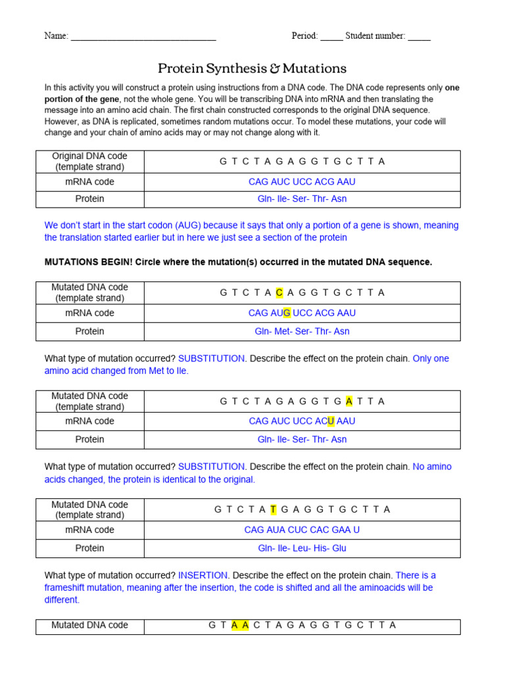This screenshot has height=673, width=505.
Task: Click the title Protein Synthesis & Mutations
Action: pyautogui.click(x=252, y=68)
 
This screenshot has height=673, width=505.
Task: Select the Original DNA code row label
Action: pyautogui.click(x=89, y=162)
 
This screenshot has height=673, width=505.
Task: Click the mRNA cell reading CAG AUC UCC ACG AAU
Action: pyautogui.click(x=302, y=181)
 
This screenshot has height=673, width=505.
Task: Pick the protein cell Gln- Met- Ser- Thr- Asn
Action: pyautogui.click(x=302, y=331)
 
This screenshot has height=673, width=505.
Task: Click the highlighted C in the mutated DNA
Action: pyautogui.click(x=279, y=292)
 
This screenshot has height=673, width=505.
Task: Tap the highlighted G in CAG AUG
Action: pyautogui.click(x=287, y=313)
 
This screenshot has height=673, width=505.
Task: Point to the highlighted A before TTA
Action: pyautogui.click(x=349, y=401)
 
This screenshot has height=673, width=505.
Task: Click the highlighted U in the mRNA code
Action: pyautogui.click(x=331, y=421)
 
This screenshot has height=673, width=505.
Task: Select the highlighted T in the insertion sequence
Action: pyautogui.click(x=274, y=509)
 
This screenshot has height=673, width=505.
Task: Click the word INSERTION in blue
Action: pyautogui.click(x=203, y=575)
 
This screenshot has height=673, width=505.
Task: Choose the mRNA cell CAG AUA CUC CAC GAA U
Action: pyautogui.click(x=302, y=530)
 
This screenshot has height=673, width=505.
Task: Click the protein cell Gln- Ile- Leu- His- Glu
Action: pyautogui.click(x=302, y=548)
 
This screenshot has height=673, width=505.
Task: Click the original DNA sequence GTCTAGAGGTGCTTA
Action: pyautogui.click(x=302, y=162)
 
